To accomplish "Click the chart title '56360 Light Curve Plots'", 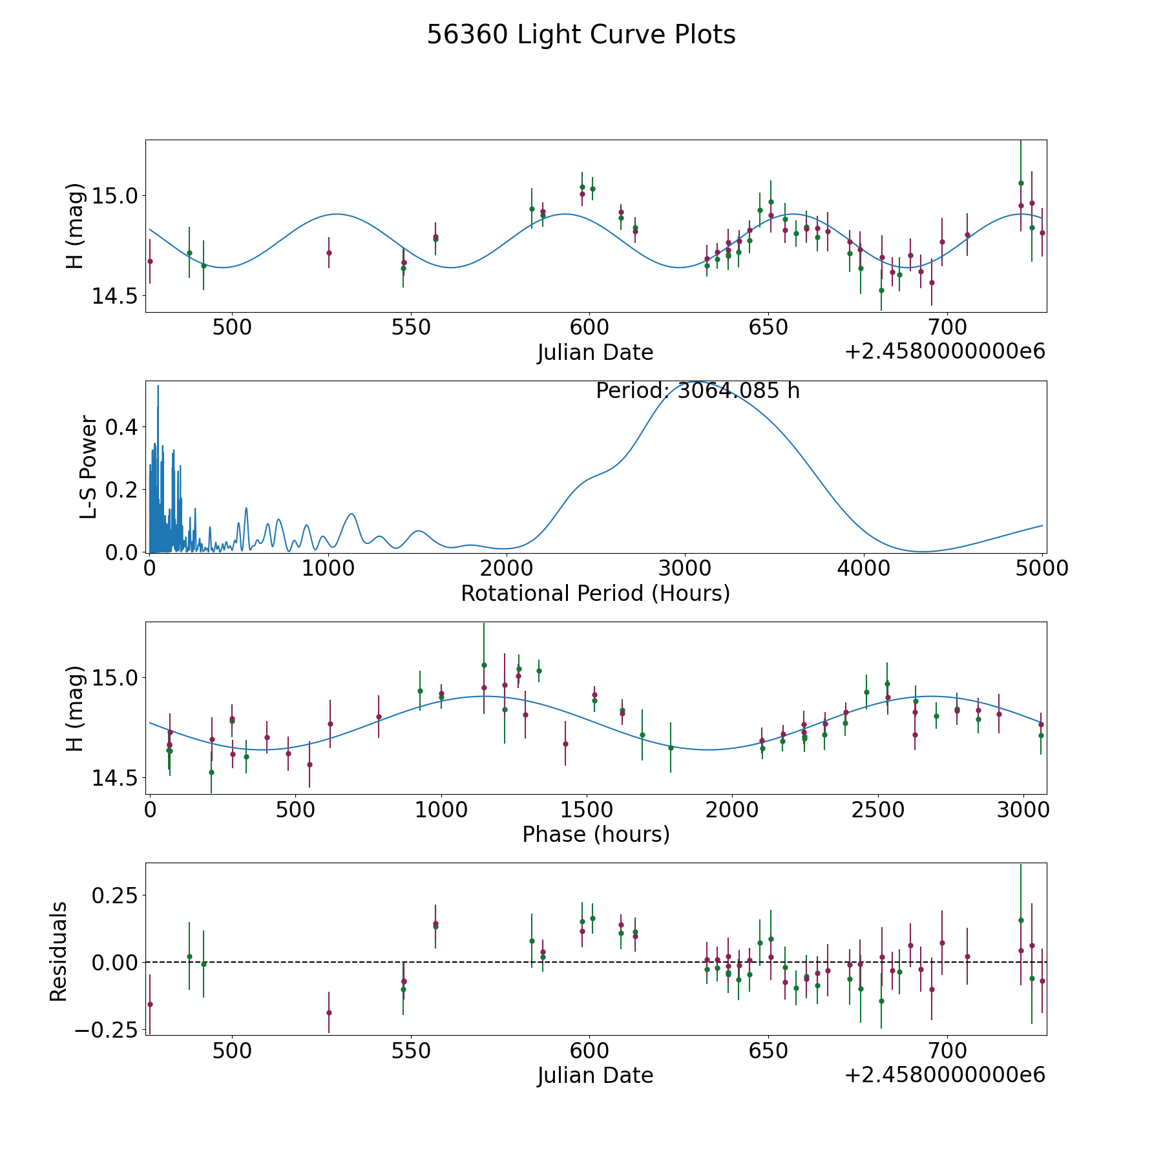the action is tap(581, 35).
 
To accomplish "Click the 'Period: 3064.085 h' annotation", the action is tap(698, 391).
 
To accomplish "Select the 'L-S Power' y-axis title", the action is tap(89, 466).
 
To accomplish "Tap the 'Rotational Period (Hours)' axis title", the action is tap(595, 593).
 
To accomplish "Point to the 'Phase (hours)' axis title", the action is tap(596, 834).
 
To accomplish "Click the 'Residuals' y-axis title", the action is tap(58, 951).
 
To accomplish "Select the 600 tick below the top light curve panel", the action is tap(589, 328).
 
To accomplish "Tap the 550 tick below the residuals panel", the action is tap(411, 1051).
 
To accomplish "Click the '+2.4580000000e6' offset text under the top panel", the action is tap(945, 351).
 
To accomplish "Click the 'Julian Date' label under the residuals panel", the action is tap(595, 1075).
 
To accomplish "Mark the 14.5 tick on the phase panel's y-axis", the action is tap(116, 778).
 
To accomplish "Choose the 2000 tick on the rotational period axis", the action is tap(507, 569).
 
